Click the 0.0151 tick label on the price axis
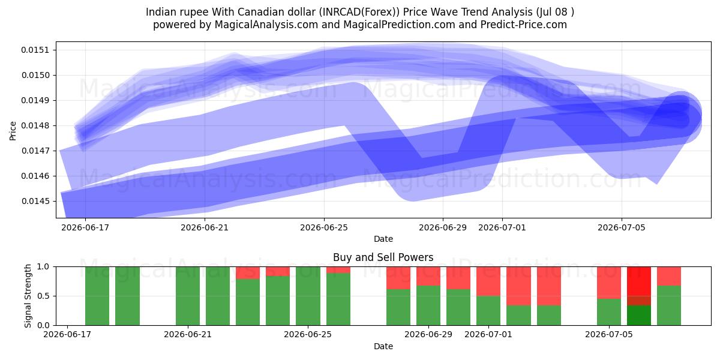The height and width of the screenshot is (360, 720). pyautogui.click(x=35, y=50)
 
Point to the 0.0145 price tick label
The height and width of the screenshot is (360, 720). pyautogui.click(x=35, y=201)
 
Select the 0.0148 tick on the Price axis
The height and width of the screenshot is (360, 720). pyautogui.click(x=35, y=125)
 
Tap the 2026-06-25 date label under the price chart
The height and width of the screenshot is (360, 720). pyautogui.click(x=324, y=227)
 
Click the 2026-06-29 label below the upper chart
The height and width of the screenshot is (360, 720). pyautogui.click(x=443, y=227)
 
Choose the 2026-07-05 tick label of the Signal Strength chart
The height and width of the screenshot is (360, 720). pyautogui.click(x=609, y=334)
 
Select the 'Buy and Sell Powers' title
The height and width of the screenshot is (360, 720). pyautogui.click(x=383, y=257)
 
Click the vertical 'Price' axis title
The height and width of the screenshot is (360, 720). pyautogui.click(x=13, y=131)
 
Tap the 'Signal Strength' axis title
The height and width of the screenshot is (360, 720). pyautogui.click(x=28, y=296)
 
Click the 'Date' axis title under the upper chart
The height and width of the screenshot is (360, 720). pyautogui.click(x=383, y=239)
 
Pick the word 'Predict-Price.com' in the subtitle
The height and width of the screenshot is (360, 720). pyautogui.click(x=524, y=25)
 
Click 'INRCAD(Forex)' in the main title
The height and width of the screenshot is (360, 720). pyautogui.click(x=359, y=12)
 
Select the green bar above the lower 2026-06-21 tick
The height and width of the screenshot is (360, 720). pyautogui.click(x=188, y=296)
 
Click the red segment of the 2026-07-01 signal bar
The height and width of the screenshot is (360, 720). pyautogui.click(x=488, y=281)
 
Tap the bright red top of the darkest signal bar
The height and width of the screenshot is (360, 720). pyautogui.click(x=639, y=281)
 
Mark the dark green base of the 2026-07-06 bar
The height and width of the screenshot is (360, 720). pyautogui.click(x=639, y=316)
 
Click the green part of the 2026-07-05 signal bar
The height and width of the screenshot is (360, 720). pyautogui.click(x=609, y=312)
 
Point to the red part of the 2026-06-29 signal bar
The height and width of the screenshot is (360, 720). pyautogui.click(x=428, y=276)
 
